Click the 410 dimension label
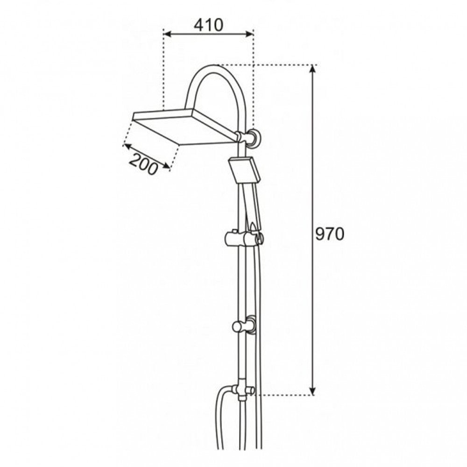pyautogui.click(x=208, y=25)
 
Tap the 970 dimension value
pyautogui.click(x=330, y=234)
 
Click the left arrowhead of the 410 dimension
pyautogui.click(x=168, y=34)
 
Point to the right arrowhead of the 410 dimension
pyautogui.click(x=249, y=34)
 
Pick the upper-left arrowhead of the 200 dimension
pyautogui.click(x=127, y=146)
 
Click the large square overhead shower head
pyautogui.click(x=184, y=127)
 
